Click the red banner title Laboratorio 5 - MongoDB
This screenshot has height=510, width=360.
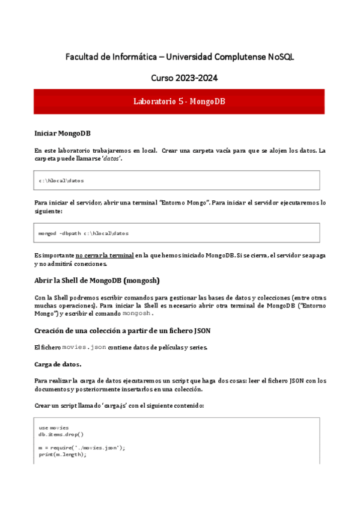tap(179, 102)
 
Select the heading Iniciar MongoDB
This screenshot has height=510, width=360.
tap(63, 133)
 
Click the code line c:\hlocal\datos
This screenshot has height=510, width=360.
tap(61, 180)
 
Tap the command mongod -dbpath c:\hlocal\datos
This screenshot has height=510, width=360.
tap(83, 233)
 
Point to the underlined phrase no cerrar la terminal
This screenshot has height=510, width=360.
tap(105, 256)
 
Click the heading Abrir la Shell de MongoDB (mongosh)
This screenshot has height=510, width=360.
tap(97, 280)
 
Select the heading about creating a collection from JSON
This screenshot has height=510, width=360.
tap(122, 331)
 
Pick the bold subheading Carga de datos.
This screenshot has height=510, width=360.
tap(58, 364)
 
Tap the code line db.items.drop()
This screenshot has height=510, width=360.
tap(61, 434)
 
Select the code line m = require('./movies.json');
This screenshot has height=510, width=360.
tap(82, 448)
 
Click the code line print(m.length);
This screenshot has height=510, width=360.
tap(63, 455)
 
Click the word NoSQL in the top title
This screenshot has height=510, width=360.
tap(280, 57)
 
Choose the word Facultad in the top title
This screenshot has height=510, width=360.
tap(82, 57)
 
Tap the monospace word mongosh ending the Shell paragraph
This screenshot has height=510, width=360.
tap(136, 313)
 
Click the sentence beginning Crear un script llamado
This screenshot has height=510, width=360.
tap(118, 406)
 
